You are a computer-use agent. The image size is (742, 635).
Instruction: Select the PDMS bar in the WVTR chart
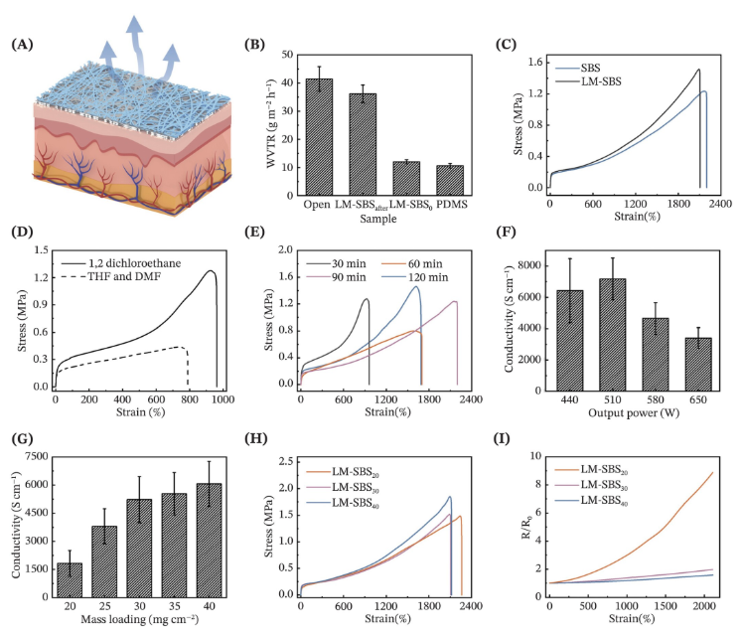[450, 180]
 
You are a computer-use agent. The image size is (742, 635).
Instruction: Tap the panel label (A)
[21, 47]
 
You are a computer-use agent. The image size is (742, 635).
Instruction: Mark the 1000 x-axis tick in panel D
[219, 398]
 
